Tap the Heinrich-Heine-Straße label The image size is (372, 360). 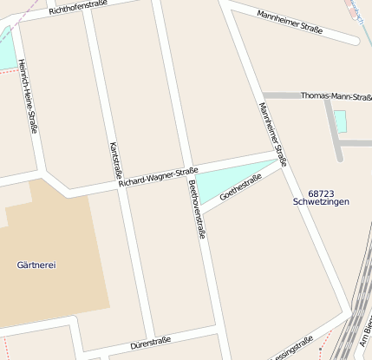pos(27,96)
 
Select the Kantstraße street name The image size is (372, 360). pos(113,160)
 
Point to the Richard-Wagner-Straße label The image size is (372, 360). pos(159,177)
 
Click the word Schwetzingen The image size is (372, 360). pos(321,202)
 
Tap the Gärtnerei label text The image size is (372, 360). pos(36,265)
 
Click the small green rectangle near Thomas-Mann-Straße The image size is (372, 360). pos(340,121)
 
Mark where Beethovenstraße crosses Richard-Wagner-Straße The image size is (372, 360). pos(185,173)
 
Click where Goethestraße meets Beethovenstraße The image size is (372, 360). pos(202,213)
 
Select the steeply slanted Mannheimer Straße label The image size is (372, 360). pos(273,131)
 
